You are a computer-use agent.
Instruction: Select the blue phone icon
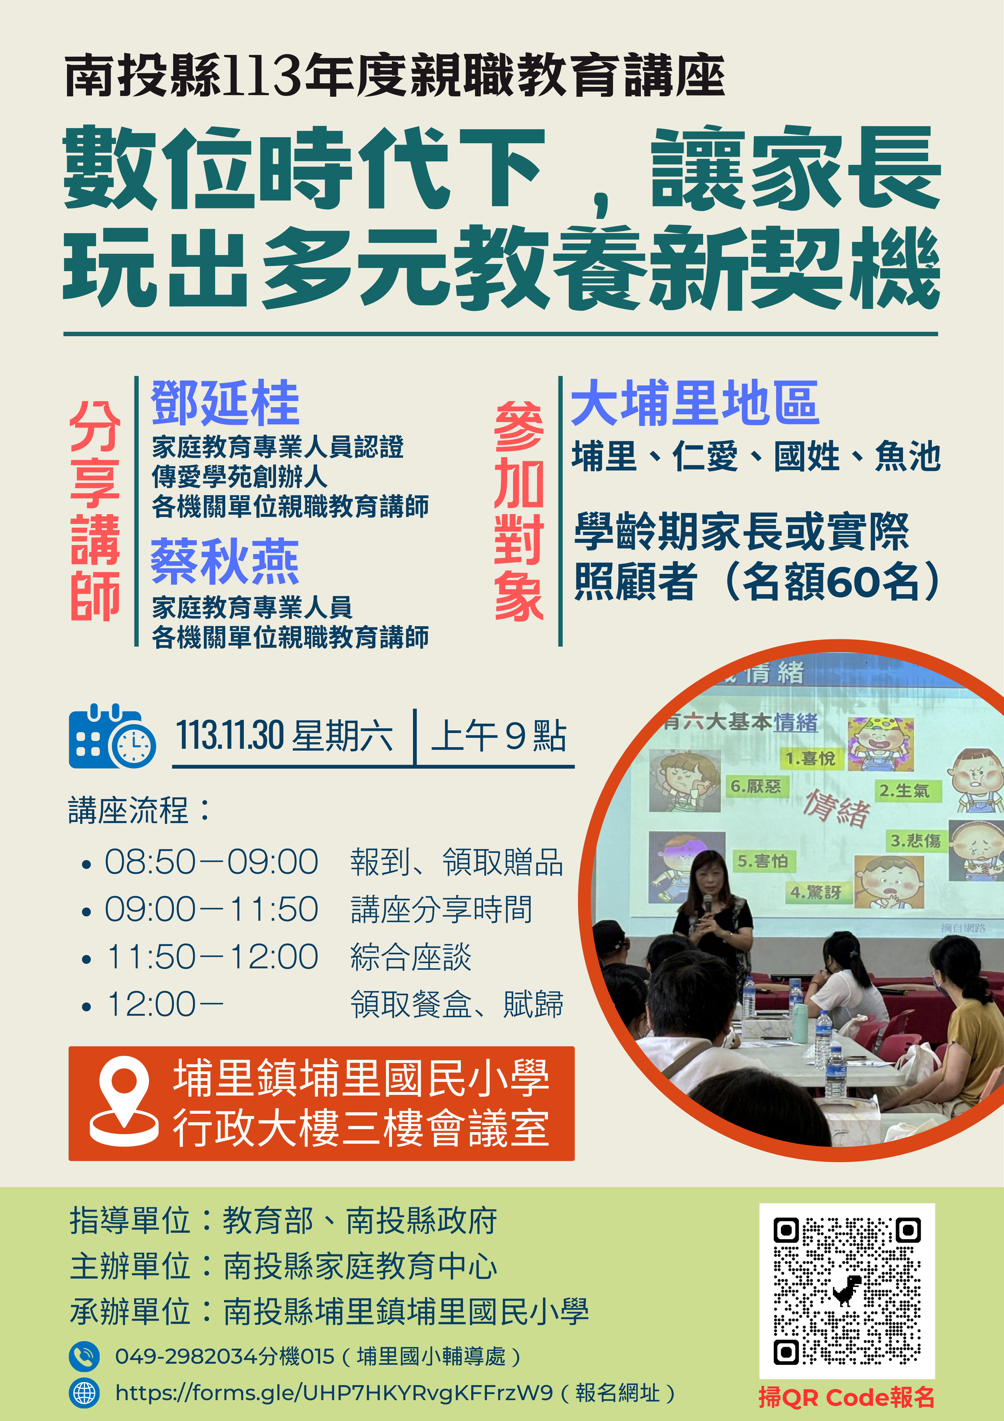84,1357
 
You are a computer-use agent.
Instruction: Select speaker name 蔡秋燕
225,561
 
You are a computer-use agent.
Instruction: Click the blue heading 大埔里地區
695,403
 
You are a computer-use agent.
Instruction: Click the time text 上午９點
499,736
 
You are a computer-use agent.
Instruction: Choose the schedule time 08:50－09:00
211,862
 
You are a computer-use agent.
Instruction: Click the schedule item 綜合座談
411,957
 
